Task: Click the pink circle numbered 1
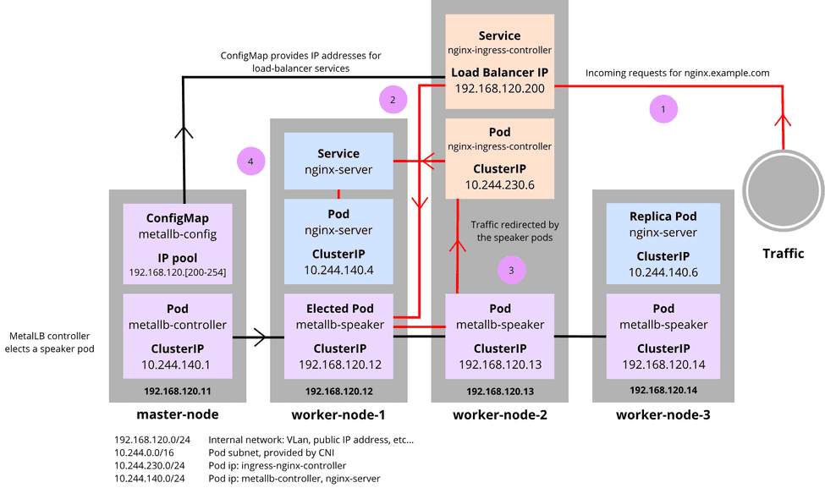(663, 109)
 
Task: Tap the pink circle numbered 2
(393, 100)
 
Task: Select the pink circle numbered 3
(510, 270)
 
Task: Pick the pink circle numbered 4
(250, 160)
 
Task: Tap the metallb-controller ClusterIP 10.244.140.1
(177, 365)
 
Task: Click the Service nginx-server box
(338, 162)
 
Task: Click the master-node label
(178, 414)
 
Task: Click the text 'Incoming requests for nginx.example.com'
(677, 73)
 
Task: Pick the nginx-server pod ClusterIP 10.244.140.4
(338, 271)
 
